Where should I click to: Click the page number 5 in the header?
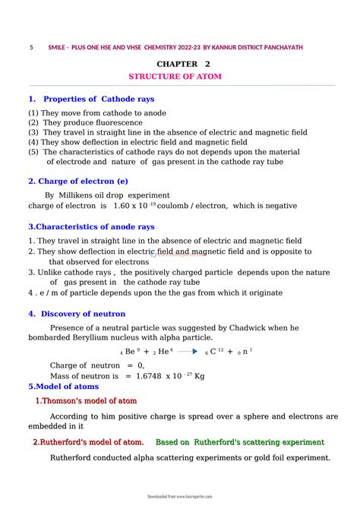coord(31,47)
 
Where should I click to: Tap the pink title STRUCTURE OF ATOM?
coord(179,77)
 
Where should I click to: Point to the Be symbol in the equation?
coord(130,352)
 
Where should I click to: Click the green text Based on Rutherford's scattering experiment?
coord(239,441)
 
